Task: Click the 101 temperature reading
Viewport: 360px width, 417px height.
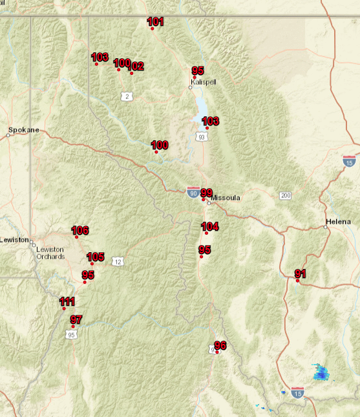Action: pyautogui.click(x=155, y=22)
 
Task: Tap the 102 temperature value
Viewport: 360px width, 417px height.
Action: pyautogui.click(x=136, y=66)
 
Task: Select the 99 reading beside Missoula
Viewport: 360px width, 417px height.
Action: pyautogui.click(x=206, y=193)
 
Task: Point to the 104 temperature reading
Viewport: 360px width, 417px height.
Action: pyautogui.click(x=210, y=226)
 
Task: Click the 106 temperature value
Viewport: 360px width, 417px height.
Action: pyautogui.click(x=79, y=231)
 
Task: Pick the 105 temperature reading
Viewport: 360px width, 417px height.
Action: pyautogui.click(x=95, y=257)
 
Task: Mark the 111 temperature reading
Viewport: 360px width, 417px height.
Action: pyautogui.click(x=67, y=302)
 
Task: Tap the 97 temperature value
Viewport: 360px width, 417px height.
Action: pyautogui.click(x=76, y=319)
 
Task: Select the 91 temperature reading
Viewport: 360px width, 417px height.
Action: pyautogui.click(x=300, y=274)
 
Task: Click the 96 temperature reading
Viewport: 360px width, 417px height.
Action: pyautogui.click(x=220, y=345)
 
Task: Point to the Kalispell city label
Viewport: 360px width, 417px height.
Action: pyautogui.click(x=202, y=83)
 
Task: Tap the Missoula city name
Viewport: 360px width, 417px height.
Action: pyautogui.click(x=226, y=198)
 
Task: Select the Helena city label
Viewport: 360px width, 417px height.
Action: pyautogui.click(x=338, y=222)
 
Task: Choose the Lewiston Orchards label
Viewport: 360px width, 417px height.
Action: pyautogui.click(x=50, y=253)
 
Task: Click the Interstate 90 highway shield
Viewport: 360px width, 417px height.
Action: pyautogui.click(x=193, y=191)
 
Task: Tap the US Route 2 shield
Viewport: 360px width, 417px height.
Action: pyautogui.click(x=127, y=96)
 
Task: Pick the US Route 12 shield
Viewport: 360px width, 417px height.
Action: pyautogui.click(x=117, y=261)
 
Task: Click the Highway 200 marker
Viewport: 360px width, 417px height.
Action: pyautogui.click(x=285, y=195)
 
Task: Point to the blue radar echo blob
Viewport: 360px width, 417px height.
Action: pyautogui.click(x=321, y=372)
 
